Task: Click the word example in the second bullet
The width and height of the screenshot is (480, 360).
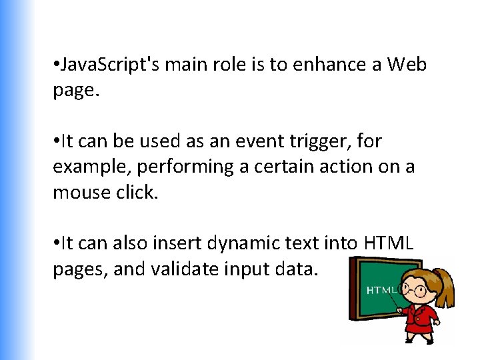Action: pos(85,167)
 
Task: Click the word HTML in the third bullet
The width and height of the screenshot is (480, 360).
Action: pos(389,243)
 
